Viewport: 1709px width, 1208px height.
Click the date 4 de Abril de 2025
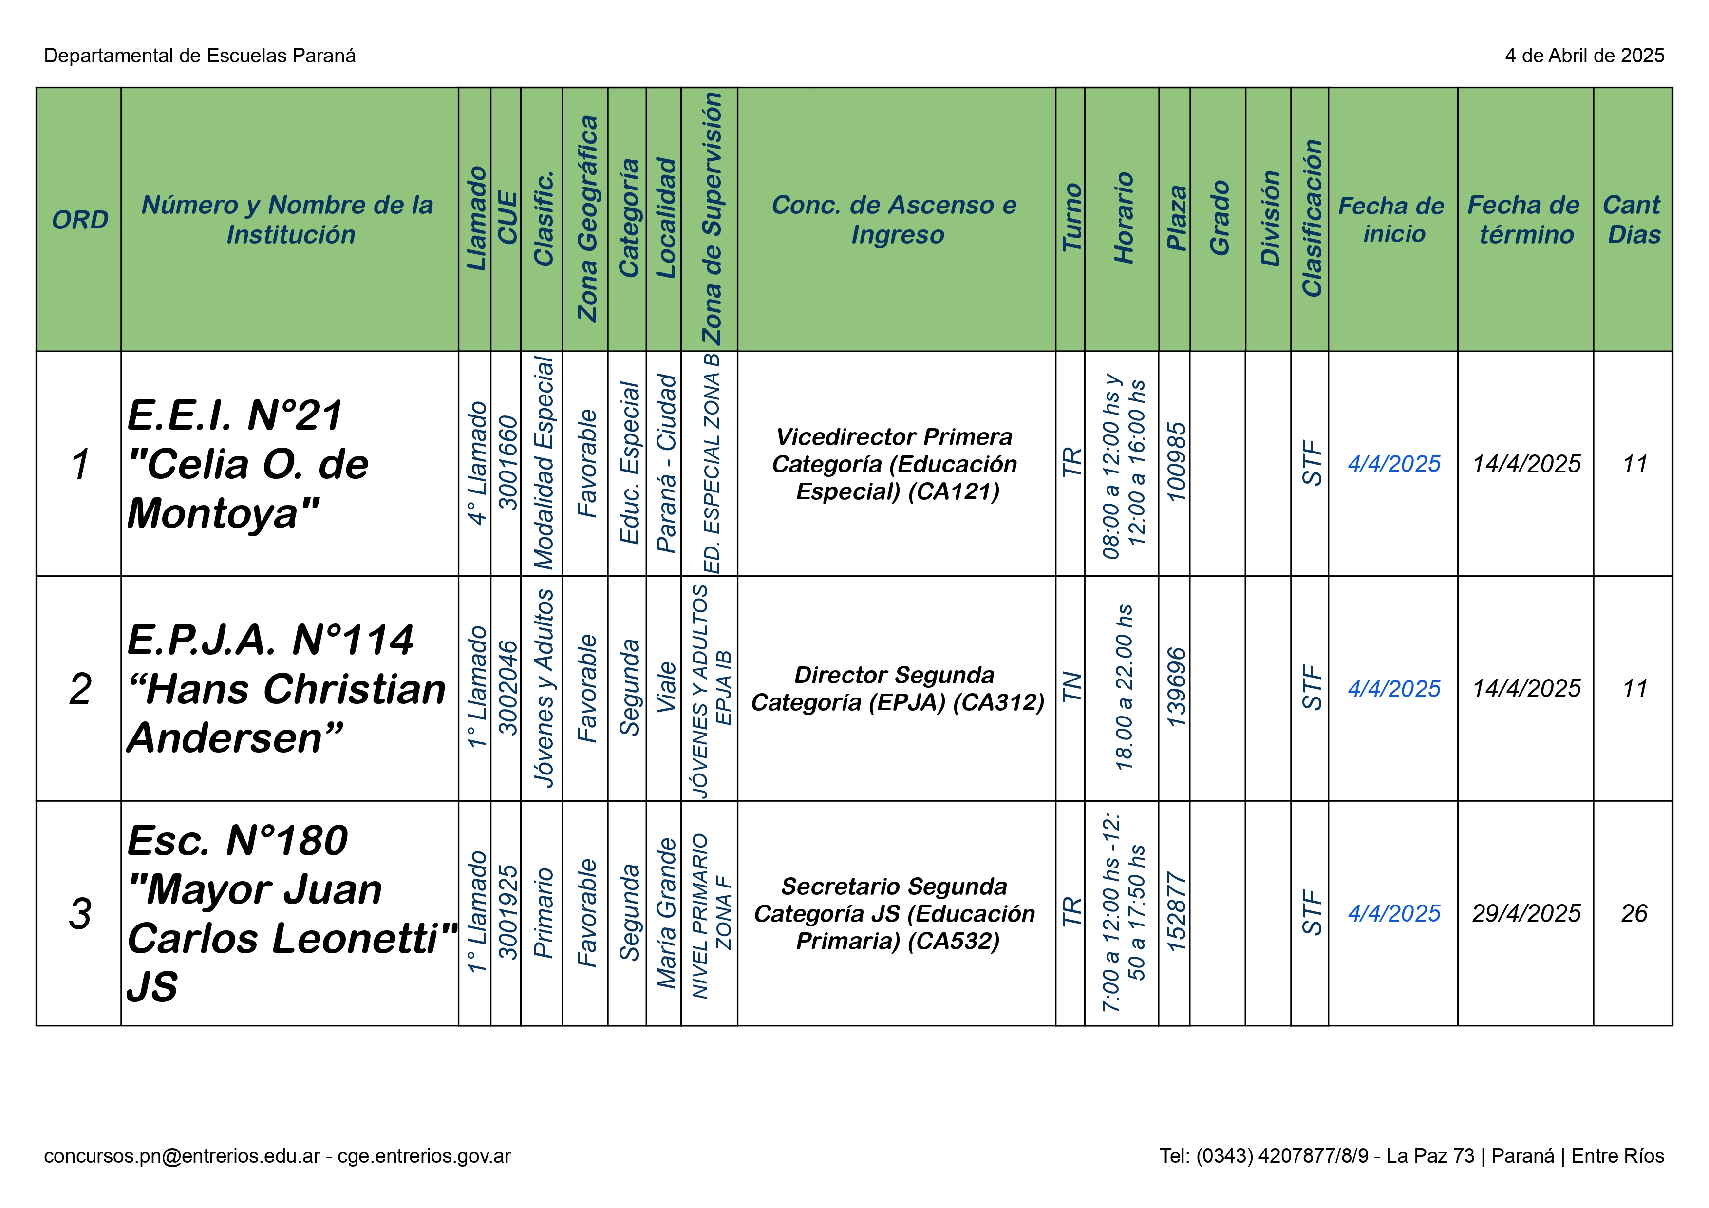point(1584,56)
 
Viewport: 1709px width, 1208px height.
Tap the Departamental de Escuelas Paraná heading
point(200,56)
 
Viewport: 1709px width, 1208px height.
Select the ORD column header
point(80,220)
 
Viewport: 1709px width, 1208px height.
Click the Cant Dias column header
point(1633,220)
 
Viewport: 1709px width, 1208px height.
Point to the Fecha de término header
point(1524,220)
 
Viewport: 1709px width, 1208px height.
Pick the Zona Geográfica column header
point(586,220)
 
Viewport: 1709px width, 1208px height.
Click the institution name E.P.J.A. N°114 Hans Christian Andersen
point(286,688)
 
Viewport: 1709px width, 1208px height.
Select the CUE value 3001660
point(507,463)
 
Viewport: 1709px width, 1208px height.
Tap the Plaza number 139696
point(1175,688)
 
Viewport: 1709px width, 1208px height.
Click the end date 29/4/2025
point(1525,913)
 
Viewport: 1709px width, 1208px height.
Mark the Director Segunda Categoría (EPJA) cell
point(897,688)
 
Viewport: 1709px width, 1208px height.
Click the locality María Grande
point(665,913)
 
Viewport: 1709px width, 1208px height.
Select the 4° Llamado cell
point(476,463)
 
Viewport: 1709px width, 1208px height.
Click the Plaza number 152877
point(1175,913)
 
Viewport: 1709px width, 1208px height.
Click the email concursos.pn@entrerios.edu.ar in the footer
point(182,1156)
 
